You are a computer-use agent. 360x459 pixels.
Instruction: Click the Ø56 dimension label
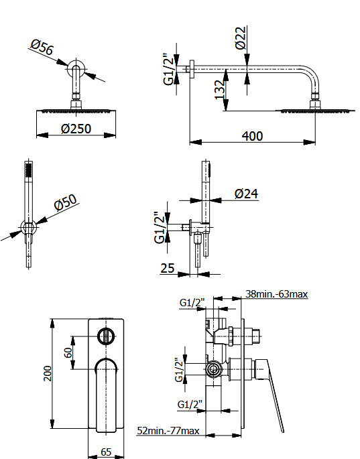[x=42, y=48]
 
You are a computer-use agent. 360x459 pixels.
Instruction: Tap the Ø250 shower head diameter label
[x=76, y=129]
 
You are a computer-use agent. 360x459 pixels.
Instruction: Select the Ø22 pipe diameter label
[x=240, y=38]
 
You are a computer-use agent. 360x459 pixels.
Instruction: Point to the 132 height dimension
[x=219, y=90]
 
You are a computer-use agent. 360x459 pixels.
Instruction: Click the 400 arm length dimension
[x=253, y=136]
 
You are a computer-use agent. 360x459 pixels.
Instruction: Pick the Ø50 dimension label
[x=66, y=202]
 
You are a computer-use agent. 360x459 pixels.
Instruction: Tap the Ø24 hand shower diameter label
[x=246, y=194]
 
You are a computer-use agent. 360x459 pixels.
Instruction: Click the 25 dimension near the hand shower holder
[x=168, y=268]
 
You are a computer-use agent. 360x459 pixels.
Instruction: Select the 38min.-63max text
[x=276, y=293]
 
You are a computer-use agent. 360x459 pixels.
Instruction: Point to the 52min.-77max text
[x=168, y=431]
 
